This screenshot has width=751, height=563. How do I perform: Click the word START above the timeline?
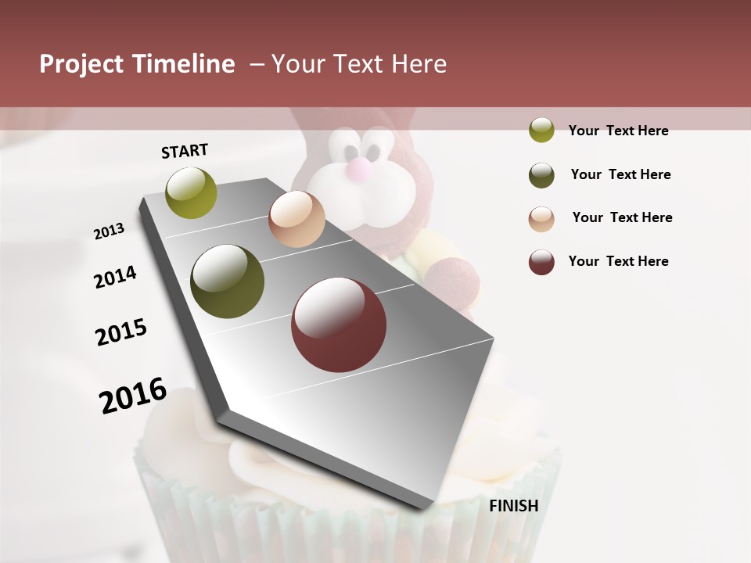185,151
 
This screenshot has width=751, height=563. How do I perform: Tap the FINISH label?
513,506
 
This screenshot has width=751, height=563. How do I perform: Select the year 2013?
109,231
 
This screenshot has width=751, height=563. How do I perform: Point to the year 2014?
115,277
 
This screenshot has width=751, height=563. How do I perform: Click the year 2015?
121,332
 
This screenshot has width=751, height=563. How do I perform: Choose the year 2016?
133,395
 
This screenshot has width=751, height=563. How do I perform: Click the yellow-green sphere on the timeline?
192,192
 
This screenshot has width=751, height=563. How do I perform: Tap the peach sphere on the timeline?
296,219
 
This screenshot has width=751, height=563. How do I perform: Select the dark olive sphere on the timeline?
228,281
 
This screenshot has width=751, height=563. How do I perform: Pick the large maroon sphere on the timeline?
339,325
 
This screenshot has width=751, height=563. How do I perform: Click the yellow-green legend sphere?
541,130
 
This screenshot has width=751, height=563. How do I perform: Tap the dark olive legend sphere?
541,175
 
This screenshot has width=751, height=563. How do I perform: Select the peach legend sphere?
541,219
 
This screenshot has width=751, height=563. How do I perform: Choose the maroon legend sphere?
541,262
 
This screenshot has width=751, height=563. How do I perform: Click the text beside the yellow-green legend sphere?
618,131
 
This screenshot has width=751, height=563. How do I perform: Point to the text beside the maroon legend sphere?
618,261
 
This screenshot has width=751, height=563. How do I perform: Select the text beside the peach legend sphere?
622,217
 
